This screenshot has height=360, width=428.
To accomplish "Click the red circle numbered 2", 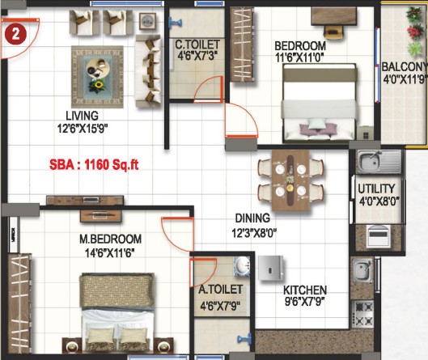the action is click(15, 35).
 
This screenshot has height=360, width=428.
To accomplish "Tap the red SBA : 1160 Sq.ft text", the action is click(94, 164).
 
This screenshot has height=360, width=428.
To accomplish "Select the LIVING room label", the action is click(83, 116).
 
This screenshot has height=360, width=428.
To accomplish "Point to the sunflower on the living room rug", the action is click(98, 85).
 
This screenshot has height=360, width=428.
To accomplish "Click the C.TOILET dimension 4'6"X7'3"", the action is click(197, 56).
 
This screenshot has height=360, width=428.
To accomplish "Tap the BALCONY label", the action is click(405, 67).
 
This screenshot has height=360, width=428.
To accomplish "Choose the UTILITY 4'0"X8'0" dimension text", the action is click(379, 201).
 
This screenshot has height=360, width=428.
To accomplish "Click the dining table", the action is click(290, 180).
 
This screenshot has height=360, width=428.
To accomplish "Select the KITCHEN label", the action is click(305, 290).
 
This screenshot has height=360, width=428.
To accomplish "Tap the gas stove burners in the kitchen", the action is click(363, 314).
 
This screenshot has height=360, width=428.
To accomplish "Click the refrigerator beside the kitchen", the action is click(270, 268).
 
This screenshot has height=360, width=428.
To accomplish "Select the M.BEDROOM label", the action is click(110, 239).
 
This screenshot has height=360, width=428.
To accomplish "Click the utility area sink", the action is click(379, 161).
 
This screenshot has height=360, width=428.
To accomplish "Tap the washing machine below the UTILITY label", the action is click(378, 235).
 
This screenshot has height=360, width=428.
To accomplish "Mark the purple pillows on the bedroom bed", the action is click(318, 129).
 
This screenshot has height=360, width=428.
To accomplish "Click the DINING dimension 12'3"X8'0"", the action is click(254, 233).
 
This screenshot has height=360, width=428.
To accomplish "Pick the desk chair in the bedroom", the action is click(333, 32).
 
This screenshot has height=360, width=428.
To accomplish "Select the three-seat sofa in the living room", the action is click(148, 70).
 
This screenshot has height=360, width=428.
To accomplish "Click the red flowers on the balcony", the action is click(415, 32).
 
